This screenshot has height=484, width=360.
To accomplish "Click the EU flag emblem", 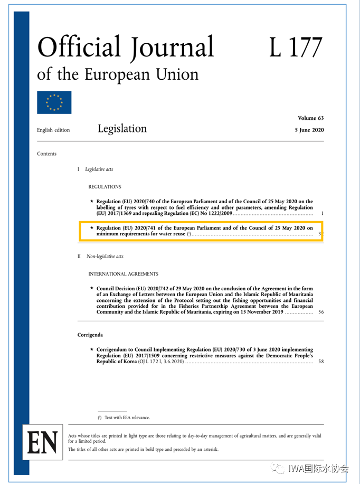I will (54, 102).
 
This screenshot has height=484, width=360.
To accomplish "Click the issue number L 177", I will (295, 48).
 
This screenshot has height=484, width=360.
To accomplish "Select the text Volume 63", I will (311, 118).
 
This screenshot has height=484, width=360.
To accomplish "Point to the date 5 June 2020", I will (309, 130).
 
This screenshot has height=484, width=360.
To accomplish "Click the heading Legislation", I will (122, 129).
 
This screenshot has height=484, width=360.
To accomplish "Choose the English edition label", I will (53, 130).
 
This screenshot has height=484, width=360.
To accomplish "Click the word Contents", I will (46, 154).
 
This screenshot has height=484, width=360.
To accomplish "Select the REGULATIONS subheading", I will (105, 187).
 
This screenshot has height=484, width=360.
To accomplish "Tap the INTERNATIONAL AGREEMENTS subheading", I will (123, 274).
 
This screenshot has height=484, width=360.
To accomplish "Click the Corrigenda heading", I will (90, 335).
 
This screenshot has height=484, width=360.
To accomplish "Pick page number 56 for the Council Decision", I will (321, 312).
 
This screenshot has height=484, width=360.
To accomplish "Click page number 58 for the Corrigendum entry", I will (321, 362).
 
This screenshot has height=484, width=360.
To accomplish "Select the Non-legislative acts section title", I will (105, 257).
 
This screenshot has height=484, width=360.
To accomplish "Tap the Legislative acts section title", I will (99, 169).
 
